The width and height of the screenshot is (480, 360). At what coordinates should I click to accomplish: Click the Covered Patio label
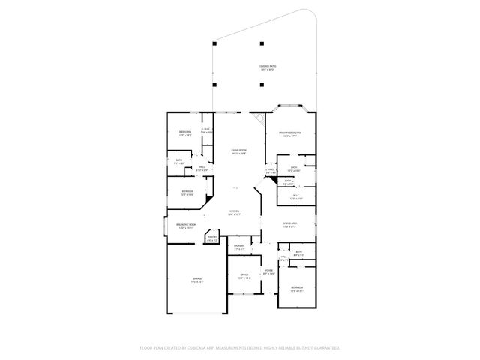point(268,68)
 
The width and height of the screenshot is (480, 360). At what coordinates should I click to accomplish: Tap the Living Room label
point(239,151)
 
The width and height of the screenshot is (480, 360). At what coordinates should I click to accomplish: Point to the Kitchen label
point(234,213)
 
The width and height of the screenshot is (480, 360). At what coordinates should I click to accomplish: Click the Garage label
point(196,280)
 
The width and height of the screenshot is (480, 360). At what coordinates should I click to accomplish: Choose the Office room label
point(244,275)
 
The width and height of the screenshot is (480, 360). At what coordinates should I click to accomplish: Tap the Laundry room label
point(239,247)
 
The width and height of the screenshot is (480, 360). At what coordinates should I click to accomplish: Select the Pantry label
point(212,238)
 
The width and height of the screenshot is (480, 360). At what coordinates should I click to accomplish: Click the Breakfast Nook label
point(186,226)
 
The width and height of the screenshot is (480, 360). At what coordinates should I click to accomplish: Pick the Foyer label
point(268,271)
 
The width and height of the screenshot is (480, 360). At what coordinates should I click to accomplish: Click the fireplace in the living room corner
point(259,118)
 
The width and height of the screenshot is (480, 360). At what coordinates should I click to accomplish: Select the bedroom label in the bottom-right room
point(297,288)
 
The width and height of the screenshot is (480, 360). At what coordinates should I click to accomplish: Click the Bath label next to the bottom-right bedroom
point(298,253)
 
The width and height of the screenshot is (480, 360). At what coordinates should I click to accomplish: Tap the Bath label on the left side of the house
point(179,161)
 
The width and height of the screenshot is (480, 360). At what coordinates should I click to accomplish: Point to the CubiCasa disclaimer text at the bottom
point(239,348)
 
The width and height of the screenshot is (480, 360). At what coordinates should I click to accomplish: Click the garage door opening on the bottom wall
point(196,313)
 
